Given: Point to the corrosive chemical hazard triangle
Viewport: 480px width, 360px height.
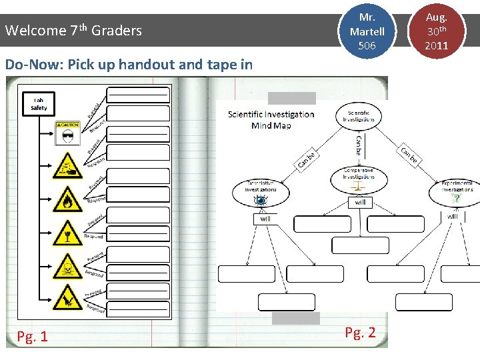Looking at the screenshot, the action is [x=68, y=165].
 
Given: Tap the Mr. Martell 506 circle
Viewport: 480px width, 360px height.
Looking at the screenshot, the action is [x=367, y=31].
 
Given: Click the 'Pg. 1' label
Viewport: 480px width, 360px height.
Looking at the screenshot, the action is [x=33, y=336].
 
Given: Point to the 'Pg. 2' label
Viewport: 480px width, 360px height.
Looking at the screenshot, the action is [x=361, y=333].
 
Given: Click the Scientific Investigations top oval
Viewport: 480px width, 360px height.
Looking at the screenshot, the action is [x=359, y=115].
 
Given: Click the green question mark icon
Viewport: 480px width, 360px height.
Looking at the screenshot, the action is [x=457, y=199].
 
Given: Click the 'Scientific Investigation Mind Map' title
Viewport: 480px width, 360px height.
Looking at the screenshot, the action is [x=271, y=119].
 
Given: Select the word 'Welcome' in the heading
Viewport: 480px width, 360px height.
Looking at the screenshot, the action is [x=35, y=31].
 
